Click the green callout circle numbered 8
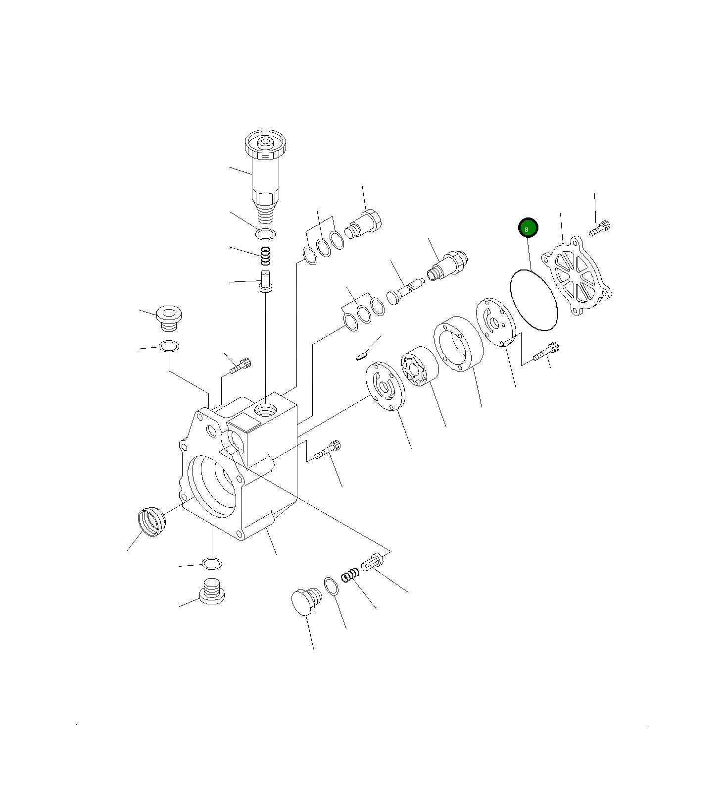pyautogui.click(x=528, y=228)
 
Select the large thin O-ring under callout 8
pyautogui.click(x=533, y=300)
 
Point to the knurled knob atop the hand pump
pyautogui.click(x=265, y=144)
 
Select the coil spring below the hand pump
pyautogui.click(x=266, y=256)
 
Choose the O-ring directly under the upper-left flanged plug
pyautogui.click(x=169, y=346)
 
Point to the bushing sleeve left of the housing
pyautogui.click(x=151, y=522)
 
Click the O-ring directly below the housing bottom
pyautogui.click(x=212, y=563)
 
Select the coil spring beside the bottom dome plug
pyautogui.click(x=350, y=575)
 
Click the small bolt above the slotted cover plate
pyautogui.click(x=600, y=228)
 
